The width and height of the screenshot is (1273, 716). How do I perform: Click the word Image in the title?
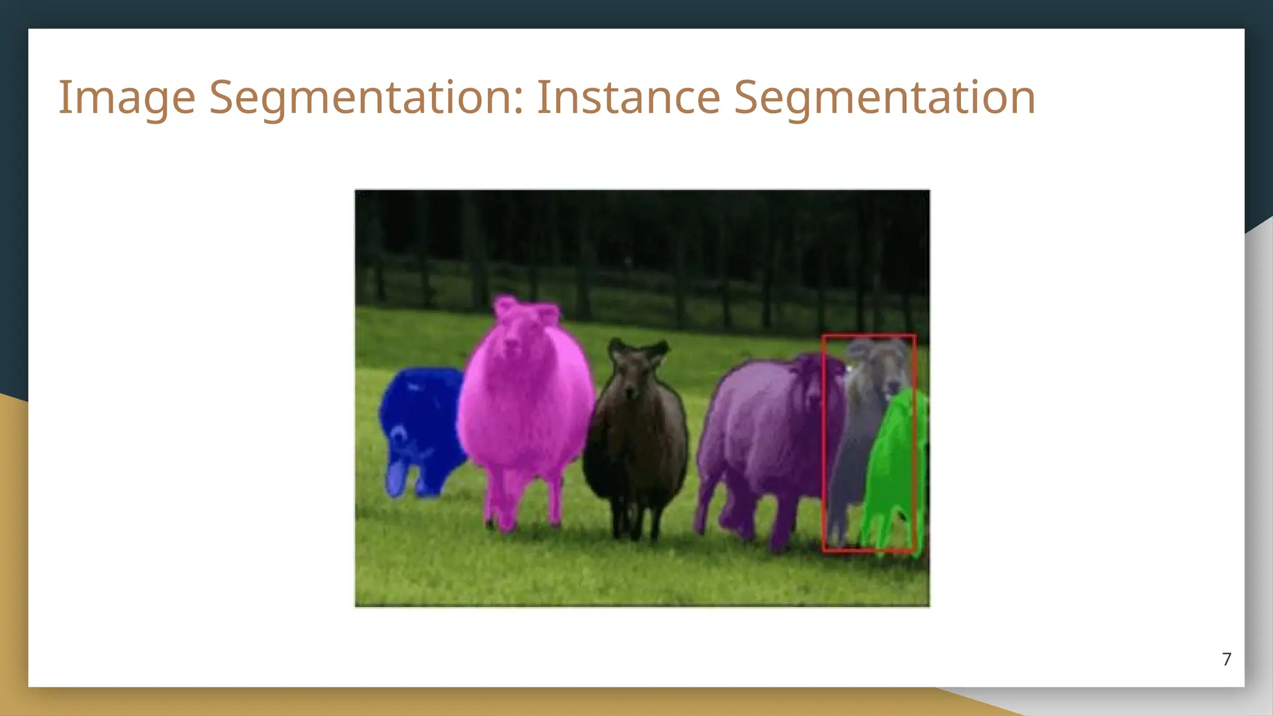[127, 98]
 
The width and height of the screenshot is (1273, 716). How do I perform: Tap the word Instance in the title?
[628, 98]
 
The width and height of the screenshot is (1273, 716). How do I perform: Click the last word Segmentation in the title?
[885, 98]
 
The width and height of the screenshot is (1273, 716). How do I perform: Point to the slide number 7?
[1226, 659]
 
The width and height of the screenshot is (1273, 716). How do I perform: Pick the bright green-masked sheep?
[895, 460]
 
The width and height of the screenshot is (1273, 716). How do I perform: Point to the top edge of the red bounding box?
[869, 336]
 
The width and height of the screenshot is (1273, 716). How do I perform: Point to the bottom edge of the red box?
[869, 550]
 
